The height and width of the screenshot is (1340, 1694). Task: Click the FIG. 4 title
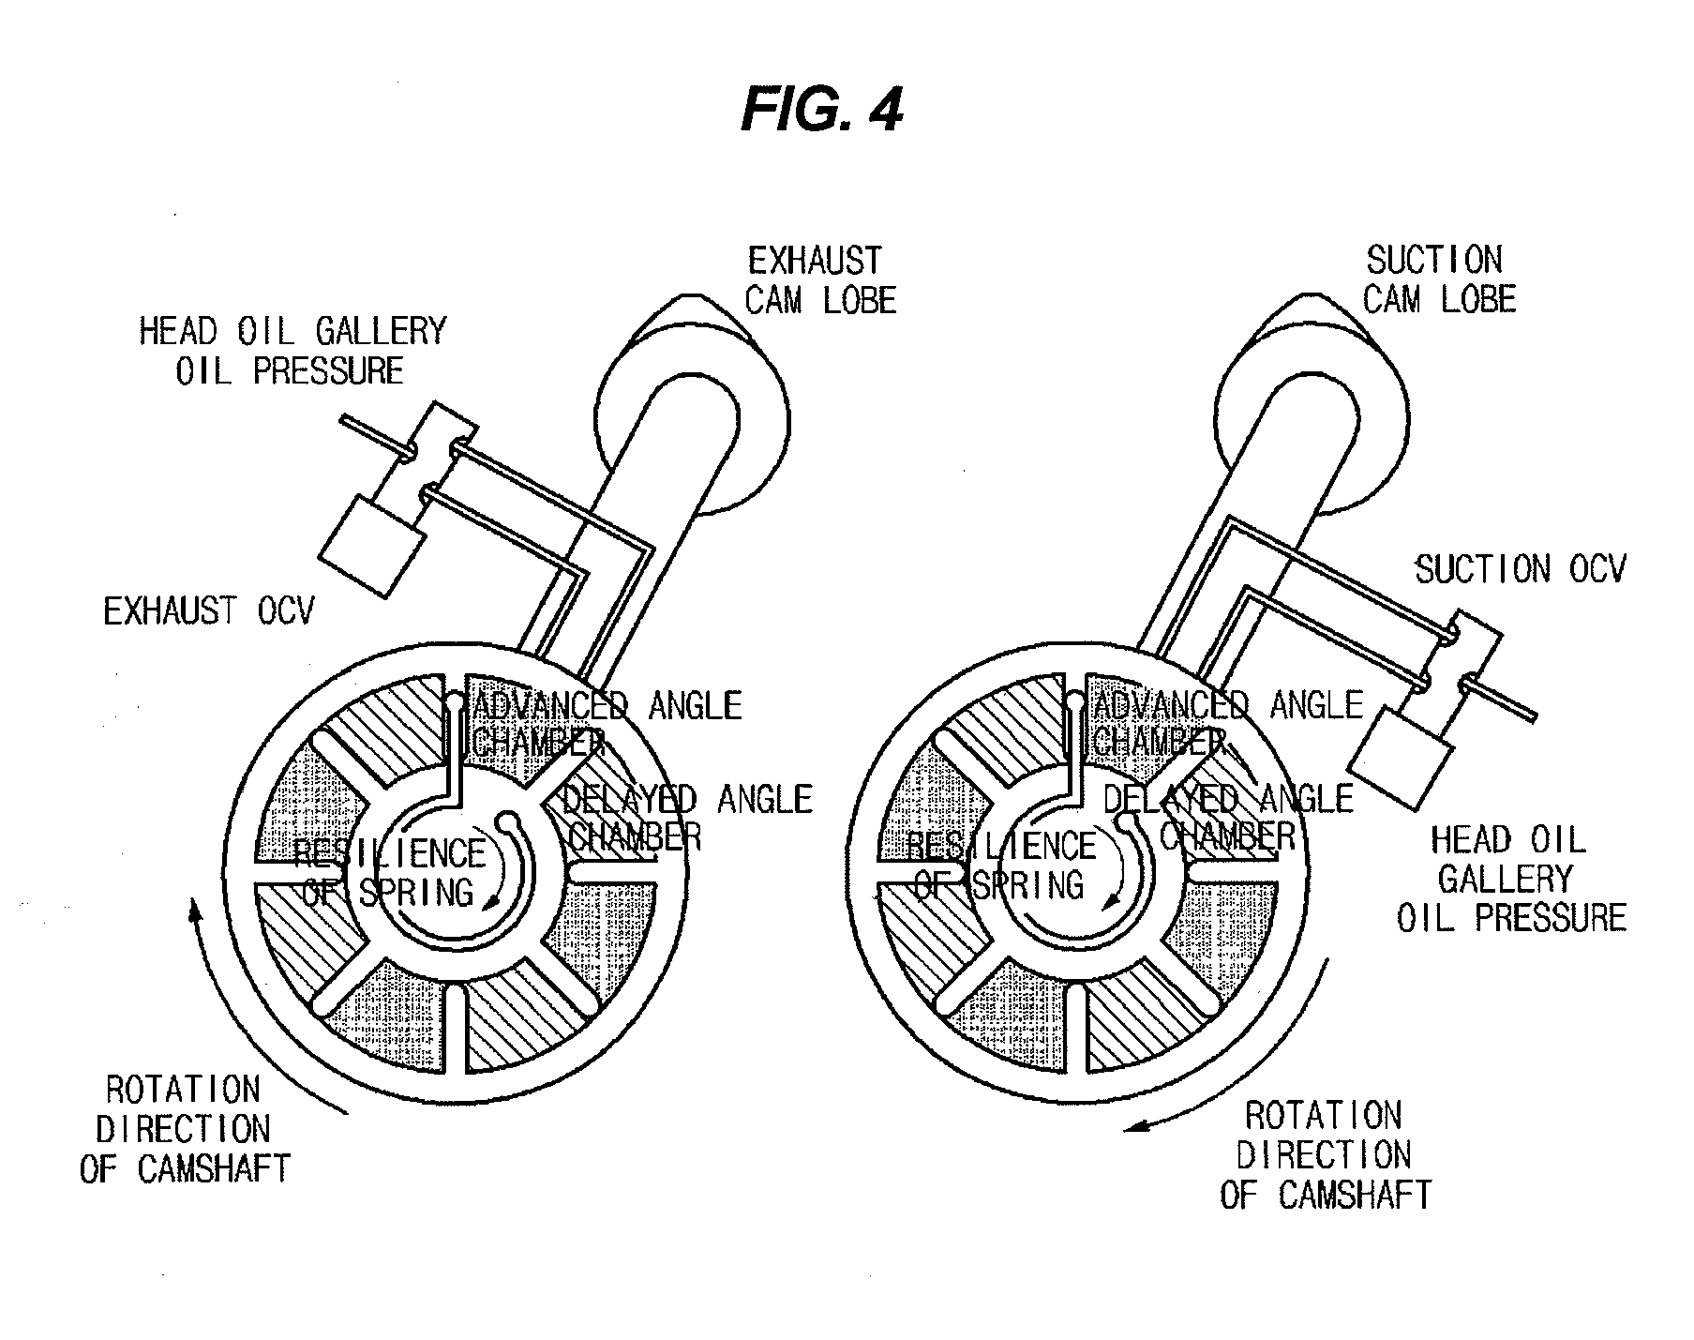[821, 111]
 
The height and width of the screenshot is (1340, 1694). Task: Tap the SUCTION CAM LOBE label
[1438, 279]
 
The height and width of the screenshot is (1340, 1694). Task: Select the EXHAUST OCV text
[208, 611]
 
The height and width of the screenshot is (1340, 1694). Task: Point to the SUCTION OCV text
[1520, 569]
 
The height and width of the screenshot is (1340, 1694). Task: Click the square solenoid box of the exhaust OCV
[372, 546]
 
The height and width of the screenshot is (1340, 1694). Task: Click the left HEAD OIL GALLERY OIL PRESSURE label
[292, 351]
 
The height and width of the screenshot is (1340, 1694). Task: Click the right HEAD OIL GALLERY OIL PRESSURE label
[1510, 879]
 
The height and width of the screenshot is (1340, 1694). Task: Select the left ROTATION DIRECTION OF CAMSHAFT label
[184, 1129]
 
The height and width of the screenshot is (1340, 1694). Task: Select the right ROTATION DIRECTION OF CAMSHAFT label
[1324, 1155]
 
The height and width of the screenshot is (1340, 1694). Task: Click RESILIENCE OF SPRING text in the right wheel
[1000, 865]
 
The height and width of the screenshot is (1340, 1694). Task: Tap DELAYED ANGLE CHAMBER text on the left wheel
[685, 817]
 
